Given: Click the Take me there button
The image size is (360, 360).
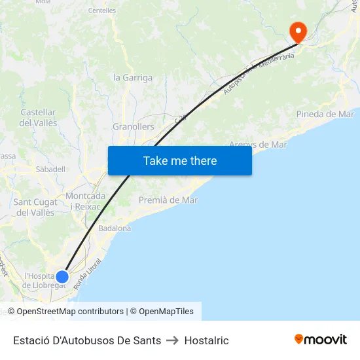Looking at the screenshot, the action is pos(180,160).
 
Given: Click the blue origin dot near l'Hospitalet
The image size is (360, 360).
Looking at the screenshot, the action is pos(62,277).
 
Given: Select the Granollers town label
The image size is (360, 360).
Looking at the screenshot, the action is pos(134,126).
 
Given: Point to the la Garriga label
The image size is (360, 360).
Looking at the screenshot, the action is pos(133,77).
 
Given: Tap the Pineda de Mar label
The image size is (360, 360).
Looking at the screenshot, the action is pos(325,114).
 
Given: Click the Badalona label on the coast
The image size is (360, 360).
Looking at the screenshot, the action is pos(115,228).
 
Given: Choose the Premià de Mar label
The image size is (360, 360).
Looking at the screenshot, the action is pos(168,200).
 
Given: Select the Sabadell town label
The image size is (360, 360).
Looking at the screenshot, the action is pos(50,169).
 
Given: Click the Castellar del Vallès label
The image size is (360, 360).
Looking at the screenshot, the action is pos(39,118).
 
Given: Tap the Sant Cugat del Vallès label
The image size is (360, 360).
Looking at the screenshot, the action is pos(35,207).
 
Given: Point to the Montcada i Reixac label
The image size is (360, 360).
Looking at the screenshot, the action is pos(86,201).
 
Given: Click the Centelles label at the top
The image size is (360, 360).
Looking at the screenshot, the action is pos(101,10).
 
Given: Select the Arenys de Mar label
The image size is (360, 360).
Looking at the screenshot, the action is pos(258,145).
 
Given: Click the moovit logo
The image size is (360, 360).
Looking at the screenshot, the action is pos(321,340).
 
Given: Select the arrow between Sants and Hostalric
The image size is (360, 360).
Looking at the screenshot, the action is pos(173,340).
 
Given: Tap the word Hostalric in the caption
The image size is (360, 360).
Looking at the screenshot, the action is pos(207,340).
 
